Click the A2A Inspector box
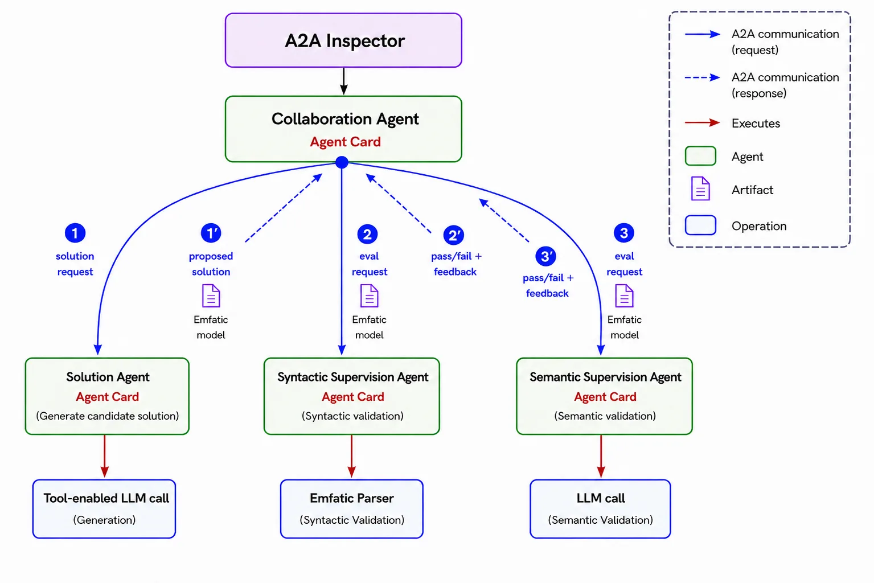pyautogui.click(x=343, y=40)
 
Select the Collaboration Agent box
pyautogui.click(x=343, y=129)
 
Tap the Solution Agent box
pyautogui.click(x=107, y=396)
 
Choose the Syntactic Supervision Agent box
pyautogui.click(x=351, y=396)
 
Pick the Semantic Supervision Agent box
pyautogui.click(x=604, y=396)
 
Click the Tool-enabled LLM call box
pyautogui.click(x=104, y=509)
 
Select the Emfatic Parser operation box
pyautogui.click(x=351, y=509)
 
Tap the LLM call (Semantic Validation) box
pyautogui.click(x=601, y=509)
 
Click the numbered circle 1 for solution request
pyautogui.click(x=75, y=233)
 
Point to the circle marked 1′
pyautogui.click(x=211, y=233)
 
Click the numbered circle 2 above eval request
pyautogui.click(x=368, y=234)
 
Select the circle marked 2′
pyautogui.click(x=454, y=235)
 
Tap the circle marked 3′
pyautogui.click(x=546, y=256)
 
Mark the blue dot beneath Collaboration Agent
pyautogui.click(x=342, y=162)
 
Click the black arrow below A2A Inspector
pyautogui.click(x=344, y=81)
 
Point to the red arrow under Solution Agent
pyautogui.click(x=105, y=456)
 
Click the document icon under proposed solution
pyautogui.click(x=211, y=296)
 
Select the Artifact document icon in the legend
pyautogui.click(x=700, y=188)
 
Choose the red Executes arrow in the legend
pyautogui.click(x=702, y=122)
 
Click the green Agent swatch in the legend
pyautogui.click(x=700, y=156)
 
